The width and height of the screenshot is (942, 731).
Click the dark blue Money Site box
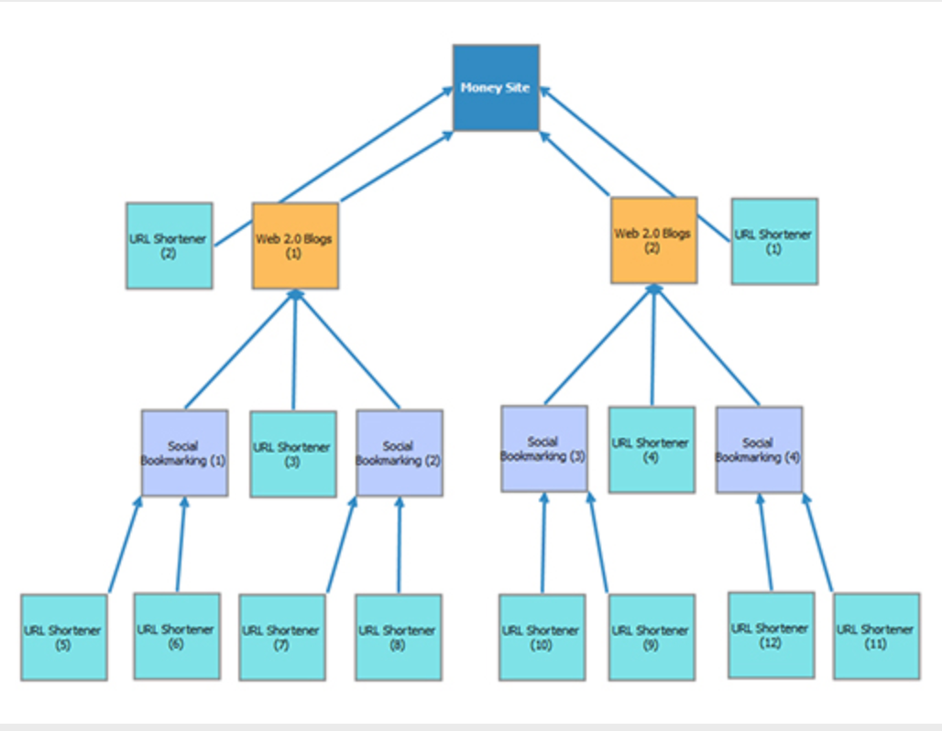click(496, 88)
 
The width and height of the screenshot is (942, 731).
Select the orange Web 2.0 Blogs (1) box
click(295, 245)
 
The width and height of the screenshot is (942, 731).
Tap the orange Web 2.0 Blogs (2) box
click(653, 240)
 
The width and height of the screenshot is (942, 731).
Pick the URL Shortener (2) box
click(170, 245)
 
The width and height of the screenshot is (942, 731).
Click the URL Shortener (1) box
click(774, 241)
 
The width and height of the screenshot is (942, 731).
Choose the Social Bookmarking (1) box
click(184, 453)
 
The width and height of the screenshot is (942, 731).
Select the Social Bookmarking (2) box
click(399, 453)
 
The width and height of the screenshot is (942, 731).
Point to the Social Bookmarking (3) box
click(544, 449)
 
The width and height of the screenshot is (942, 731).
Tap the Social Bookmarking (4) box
click(759, 449)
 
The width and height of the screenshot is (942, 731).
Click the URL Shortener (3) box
click(293, 453)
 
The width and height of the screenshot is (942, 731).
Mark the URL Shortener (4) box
click(652, 450)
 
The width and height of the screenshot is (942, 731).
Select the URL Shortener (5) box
click(64, 637)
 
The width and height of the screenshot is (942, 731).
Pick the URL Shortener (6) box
click(177, 636)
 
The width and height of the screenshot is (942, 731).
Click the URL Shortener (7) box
click(282, 637)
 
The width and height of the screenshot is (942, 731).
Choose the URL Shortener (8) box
click(399, 637)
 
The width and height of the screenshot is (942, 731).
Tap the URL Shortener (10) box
click(542, 637)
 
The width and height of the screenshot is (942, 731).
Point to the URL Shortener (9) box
click(652, 637)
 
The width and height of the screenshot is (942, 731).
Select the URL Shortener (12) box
click(771, 635)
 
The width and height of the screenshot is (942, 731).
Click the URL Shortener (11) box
click(876, 636)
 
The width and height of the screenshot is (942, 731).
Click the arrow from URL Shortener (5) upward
click(126, 545)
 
